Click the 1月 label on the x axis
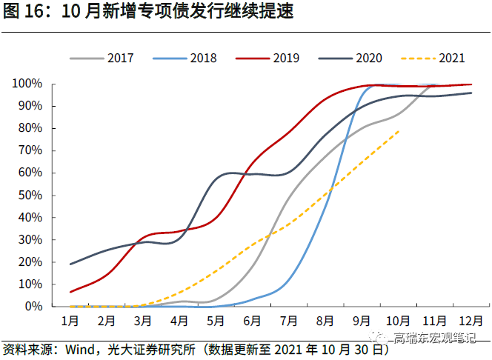pyautogui.click(x=70, y=321)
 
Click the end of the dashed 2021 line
pyautogui.click(x=400, y=130)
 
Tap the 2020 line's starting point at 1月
pyautogui.click(x=70, y=264)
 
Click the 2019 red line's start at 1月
pyautogui.click(x=70, y=291)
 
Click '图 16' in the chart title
pyautogui.click(x=20, y=13)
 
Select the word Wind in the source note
pyautogui.click(x=80, y=349)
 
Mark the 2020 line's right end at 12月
pyautogui.click(x=472, y=93)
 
